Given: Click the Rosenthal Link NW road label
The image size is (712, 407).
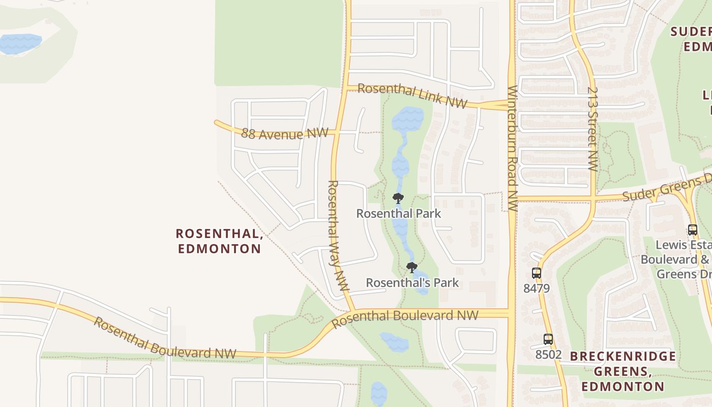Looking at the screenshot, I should point(412,95).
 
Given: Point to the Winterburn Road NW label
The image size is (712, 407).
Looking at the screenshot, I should point(512,149).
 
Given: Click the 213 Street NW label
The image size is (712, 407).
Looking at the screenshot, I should point(592,129).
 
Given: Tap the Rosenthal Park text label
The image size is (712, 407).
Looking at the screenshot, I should point(398,213).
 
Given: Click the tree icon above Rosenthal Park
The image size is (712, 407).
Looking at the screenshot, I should point(398,198).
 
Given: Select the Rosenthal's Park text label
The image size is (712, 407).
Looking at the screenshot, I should point(412,283).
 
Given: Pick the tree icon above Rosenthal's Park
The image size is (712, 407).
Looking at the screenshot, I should point(412,267).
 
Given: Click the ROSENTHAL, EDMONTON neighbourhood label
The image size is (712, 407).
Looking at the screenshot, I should point(219,241).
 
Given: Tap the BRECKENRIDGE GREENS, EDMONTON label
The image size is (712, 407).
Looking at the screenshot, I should point(623,371).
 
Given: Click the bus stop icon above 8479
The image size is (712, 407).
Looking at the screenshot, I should point(536,273).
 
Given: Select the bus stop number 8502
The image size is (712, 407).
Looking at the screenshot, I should point(548,354).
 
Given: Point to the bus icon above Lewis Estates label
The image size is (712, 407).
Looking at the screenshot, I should point(692,229).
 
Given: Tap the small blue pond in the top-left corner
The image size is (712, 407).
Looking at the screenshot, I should point(20,44).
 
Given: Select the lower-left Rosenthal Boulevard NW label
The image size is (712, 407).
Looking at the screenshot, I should point(165,338).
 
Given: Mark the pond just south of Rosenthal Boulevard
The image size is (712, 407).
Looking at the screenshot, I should point(394,342).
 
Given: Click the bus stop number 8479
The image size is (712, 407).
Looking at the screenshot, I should point(537,288).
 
